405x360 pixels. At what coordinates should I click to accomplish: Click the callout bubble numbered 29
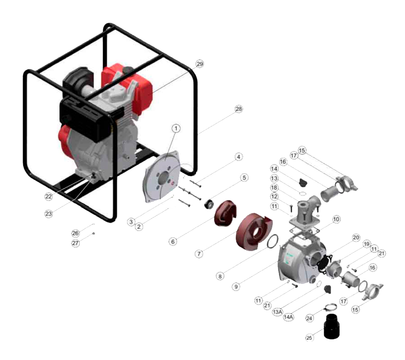point(200,64)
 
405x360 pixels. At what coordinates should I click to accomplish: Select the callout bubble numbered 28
point(238,109)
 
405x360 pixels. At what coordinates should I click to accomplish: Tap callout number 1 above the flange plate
point(176,128)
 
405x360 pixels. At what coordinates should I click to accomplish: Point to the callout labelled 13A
point(277,312)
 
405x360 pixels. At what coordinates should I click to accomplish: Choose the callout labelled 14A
point(288,317)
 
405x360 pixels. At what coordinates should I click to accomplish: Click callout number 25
point(309,337)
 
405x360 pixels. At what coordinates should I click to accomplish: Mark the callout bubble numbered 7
point(199,254)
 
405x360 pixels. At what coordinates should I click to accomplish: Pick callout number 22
point(49,196)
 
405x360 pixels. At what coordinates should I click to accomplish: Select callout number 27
point(76,243)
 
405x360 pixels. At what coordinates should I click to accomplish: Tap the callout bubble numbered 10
point(336,219)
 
